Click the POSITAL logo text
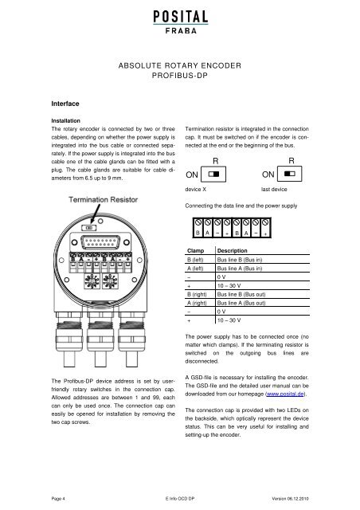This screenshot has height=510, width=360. click(x=181, y=17)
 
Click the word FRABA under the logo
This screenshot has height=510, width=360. click(x=181, y=31)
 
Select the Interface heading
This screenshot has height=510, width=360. click(x=65, y=104)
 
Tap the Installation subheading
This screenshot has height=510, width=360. click(x=65, y=120)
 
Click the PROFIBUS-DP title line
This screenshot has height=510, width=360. click(x=180, y=76)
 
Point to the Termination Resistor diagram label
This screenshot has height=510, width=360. click(x=103, y=200)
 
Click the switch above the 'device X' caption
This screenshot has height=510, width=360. click(x=213, y=174)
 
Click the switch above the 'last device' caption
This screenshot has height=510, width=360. click(x=289, y=174)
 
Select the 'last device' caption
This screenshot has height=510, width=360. click(x=274, y=190)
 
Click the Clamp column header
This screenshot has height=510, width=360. click(x=195, y=251)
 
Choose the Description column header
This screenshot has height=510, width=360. click(x=233, y=251)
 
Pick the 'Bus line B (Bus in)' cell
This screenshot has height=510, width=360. click(x=240, y=260)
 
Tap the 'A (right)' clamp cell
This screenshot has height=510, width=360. click(x=197, y=303)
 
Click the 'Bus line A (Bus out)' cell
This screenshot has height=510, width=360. click(x=241, y=303)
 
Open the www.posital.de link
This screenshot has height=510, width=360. click(x=285, y=394)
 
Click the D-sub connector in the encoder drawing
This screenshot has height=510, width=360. click(x=100, y=242)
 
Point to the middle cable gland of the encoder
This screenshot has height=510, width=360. click(x=100, y=338)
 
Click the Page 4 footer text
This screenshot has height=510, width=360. click(x=58, y=499)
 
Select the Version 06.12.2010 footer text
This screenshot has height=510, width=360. click(x=291, y=499)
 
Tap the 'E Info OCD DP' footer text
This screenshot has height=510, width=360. click(x=180, y=499)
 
